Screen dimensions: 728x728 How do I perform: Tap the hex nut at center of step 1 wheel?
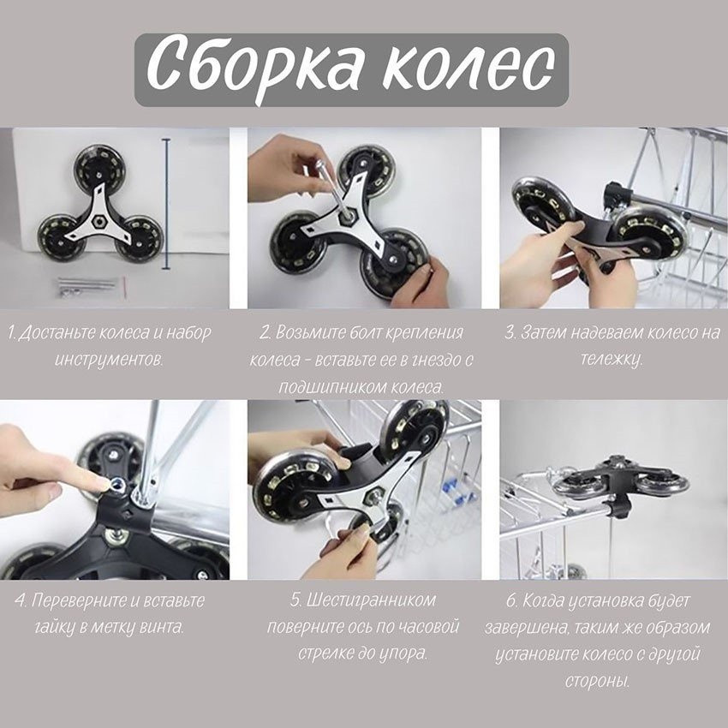(97, 208)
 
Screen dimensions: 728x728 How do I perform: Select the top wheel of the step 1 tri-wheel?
(98, 164)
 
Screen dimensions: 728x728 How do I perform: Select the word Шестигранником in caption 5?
(364, 600)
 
